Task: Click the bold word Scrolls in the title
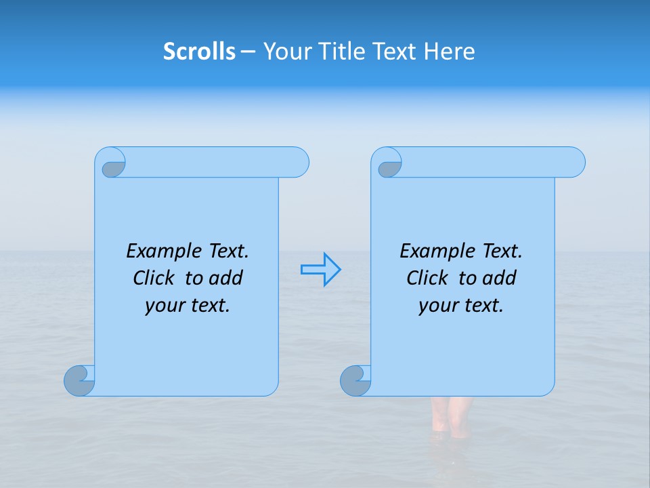click(x=199, y=52)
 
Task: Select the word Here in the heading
click(x=450, y=52)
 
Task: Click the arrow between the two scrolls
click(x=320, y=270)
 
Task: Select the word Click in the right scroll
click(x=427, y=278)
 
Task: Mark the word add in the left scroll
click(x=226, y=278)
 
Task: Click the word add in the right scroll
click(x=500, y=278)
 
